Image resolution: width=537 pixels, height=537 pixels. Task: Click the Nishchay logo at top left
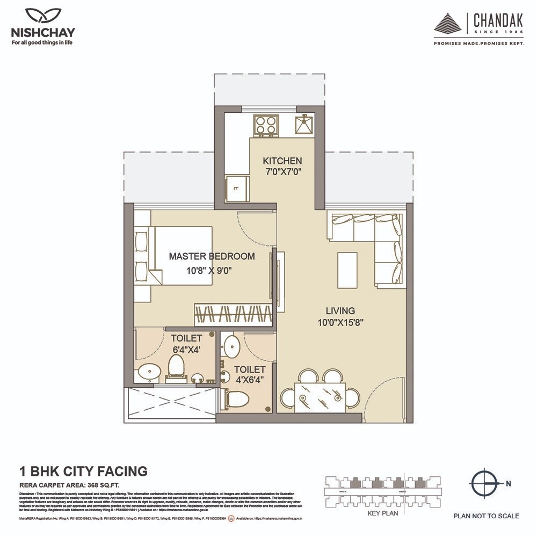point(42,27)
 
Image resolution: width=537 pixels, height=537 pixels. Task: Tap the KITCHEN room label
point(282,161)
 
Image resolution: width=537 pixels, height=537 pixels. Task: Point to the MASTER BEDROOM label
point(212,256)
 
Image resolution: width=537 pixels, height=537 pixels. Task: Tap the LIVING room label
point(340,310)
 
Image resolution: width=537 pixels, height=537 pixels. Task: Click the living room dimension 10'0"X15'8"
point(340,323)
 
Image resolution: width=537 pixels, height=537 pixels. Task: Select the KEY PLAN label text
point(381,513)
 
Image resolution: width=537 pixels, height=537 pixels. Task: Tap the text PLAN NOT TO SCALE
point(486,516)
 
